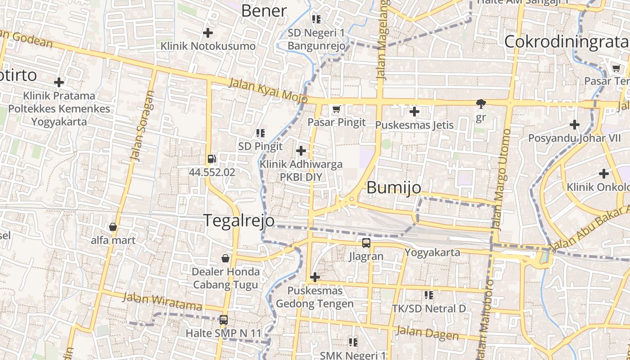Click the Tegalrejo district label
tap(239, 220)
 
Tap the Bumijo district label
tap(394, 188)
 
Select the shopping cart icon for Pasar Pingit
tap(336, 109)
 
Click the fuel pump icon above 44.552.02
tap(211, 159)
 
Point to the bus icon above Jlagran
tap(366, 243)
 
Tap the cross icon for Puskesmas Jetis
tap(414, 111)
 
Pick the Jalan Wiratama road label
tap(162, 301)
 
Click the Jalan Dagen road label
tap(427, 334)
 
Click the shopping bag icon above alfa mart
tap(113, 227)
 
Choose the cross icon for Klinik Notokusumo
tap(208, 33)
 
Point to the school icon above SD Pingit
tap(260, 133)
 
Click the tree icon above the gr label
tap(481, 104)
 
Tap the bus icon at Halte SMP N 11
tap(223, 320)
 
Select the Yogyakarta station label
tap(432, 252)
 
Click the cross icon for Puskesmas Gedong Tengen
tap(315, 277)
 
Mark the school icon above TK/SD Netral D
tap(429, 295)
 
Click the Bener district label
tap(264, 11)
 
